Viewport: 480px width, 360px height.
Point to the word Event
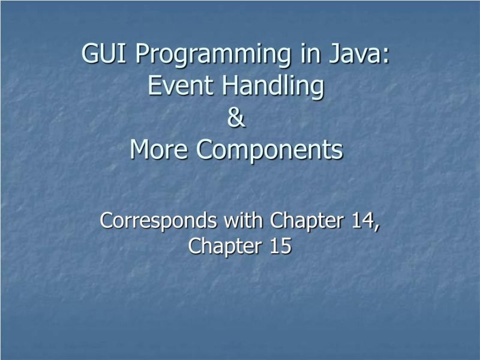[x=182, y=86]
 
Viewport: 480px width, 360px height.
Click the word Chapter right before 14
[x=307, y=221]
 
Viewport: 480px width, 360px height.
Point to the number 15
[x=280, y=245]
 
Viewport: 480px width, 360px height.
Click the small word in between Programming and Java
[x=304, y=54]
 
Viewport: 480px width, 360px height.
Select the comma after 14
[x=377, y=227]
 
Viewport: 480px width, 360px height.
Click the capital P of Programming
[x=140, y=54]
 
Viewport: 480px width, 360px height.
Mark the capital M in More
[x=140, y=150]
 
